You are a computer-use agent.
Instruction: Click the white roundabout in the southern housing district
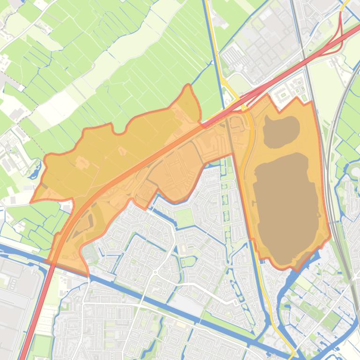point(154,272)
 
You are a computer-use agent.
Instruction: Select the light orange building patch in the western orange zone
point(82,162)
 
